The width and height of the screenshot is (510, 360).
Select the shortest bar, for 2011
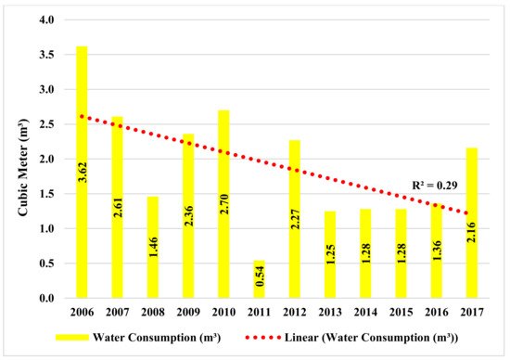tap(260, 278)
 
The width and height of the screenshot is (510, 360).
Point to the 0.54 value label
tap(260, 278)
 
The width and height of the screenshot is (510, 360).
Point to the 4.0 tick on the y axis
tap(47, 20)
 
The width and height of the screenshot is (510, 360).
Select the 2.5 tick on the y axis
tap(47, 124)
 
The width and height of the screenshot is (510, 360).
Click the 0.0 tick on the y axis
tap(47, 299)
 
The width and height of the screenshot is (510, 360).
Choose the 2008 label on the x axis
tap(152, 312)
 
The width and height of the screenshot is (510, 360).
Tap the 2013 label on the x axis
tap(330, 312)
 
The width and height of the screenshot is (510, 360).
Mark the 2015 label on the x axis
tap(401, 312)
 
